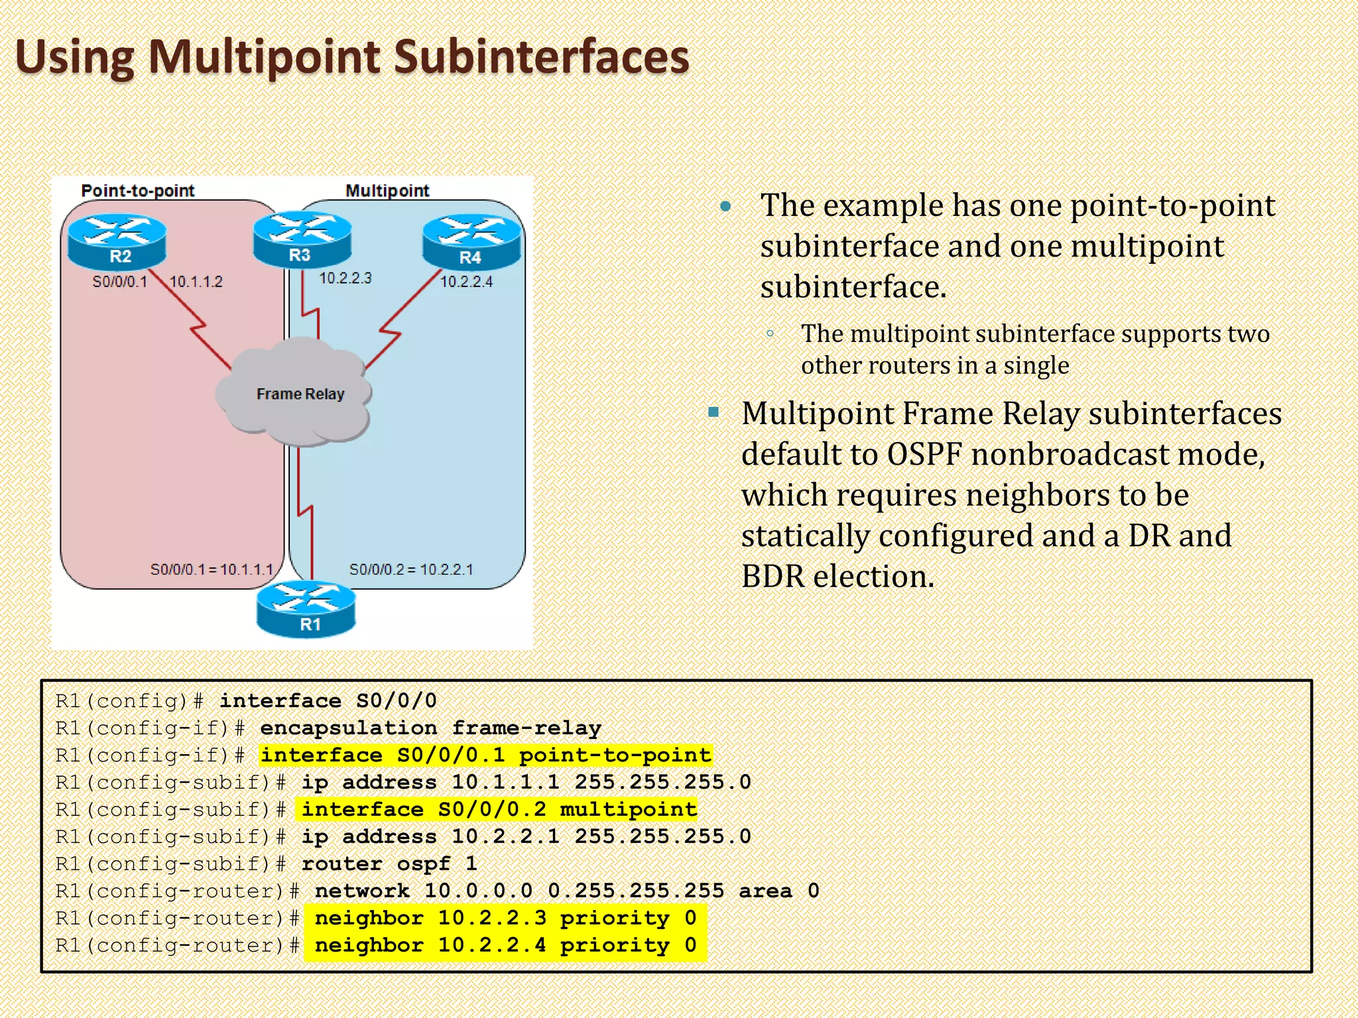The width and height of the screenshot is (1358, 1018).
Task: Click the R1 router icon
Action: (x=306, y=609)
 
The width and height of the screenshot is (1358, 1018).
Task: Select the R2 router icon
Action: (x=117, y=242)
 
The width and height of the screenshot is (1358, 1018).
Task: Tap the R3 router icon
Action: (x=302, y=240)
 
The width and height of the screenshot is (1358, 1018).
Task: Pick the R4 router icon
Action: (x=471, y=242)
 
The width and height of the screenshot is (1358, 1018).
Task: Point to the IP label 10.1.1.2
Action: (x=196, y=282)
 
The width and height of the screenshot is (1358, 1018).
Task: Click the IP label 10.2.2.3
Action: (x=345, y=278)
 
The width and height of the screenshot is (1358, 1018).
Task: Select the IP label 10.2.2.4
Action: (x=467, y=282)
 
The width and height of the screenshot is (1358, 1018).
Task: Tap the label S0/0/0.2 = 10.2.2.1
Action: (x=411, y=569)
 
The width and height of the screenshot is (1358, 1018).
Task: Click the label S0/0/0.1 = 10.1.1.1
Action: (x=212, y=569)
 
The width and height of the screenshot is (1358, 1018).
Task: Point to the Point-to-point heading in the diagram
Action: (x=138, y=191)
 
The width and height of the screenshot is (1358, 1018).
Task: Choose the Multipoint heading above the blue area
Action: (x=387, y=191)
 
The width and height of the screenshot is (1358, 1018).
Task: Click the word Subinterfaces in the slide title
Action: (x=542, y=57)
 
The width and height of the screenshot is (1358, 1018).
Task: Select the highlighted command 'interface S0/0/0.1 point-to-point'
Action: (x=485, y=755)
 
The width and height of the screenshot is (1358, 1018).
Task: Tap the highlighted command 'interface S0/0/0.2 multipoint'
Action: (x=499, y=809)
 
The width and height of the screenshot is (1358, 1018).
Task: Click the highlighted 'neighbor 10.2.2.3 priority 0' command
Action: (x=505, y=918)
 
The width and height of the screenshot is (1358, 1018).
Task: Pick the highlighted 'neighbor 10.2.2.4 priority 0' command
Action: (x=505, y=945)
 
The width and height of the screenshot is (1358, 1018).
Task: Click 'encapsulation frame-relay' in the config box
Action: (x=430, y=728)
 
